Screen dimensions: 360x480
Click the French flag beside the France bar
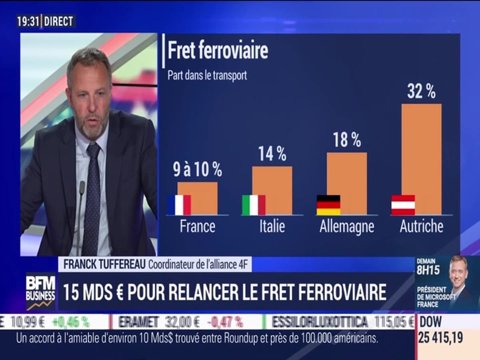click(179, 205)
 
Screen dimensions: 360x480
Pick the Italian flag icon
click(254, 205)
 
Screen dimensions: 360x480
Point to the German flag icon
click(328, 205)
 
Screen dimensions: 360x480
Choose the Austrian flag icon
click(403, 205)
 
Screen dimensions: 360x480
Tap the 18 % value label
click(347, 140)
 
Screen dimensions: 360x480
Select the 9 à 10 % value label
click(198, 170)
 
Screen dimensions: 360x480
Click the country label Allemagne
click(347, 227)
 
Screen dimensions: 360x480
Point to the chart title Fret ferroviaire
click(218, 51)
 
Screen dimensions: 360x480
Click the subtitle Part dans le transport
click(207, 76)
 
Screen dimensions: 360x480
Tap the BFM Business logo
click(40, 291)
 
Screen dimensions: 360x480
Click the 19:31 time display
click(28, 21)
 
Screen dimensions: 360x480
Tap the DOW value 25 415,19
click(440, 338)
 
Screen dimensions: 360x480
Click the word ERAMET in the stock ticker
click(136, 322)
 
